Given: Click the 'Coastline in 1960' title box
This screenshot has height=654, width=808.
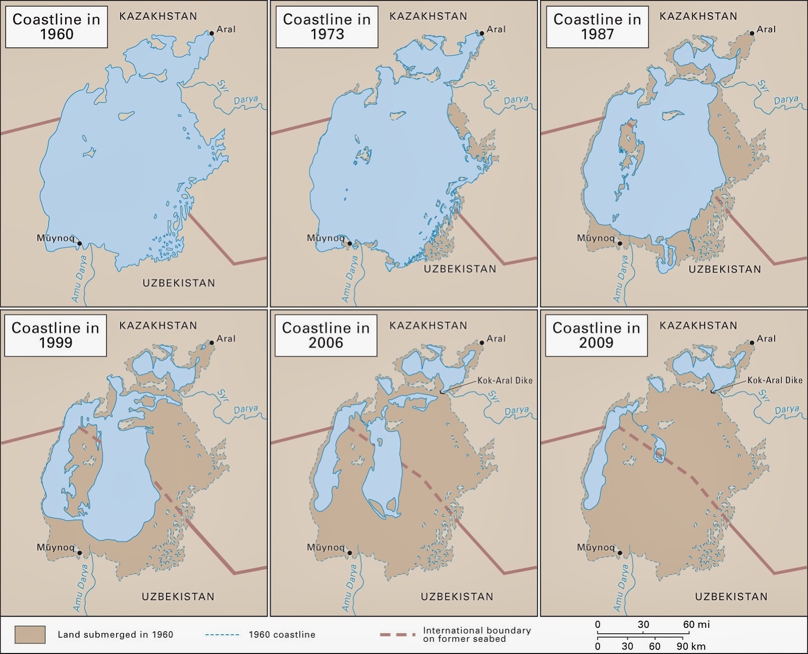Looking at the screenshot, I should point(56,27).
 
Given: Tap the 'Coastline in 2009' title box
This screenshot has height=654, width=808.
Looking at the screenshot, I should point(596,336).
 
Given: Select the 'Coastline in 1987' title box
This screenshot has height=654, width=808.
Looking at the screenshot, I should point(597,27).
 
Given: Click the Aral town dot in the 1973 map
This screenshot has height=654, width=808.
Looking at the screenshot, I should point(482,33).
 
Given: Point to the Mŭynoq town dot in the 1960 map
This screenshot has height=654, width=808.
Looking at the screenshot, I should point(80,243).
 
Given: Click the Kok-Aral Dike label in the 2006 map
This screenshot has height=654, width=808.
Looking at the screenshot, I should point(504,380).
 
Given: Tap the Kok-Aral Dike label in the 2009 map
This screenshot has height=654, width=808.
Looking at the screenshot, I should point(775,380).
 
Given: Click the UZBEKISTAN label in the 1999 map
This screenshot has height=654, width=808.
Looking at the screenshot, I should point(178,596).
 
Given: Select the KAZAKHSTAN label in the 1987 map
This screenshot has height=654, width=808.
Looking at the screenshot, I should point(698,16).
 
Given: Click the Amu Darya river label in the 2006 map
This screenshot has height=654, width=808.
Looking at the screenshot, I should point(351,587).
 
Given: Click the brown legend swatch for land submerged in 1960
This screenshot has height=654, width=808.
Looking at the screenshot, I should point(30,634).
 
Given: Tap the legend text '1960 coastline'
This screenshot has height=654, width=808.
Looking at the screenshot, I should point(282,635).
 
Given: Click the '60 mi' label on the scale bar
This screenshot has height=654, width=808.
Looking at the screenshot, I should point(696,624).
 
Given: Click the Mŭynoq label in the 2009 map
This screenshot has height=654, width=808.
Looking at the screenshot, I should point(595,547).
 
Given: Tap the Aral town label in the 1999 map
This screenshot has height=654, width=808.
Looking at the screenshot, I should point(226,339).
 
